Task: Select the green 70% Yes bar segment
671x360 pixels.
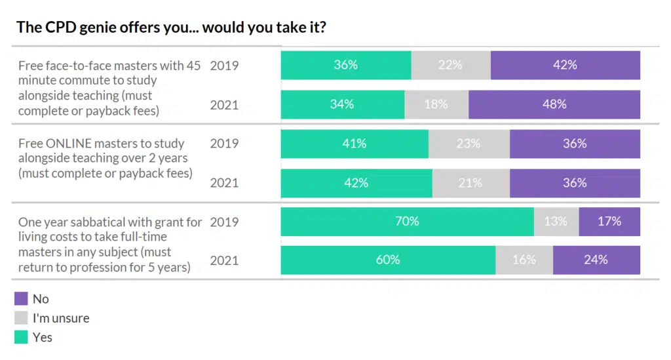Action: pos(407,222)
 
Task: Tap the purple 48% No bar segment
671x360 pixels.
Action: pos(554,104)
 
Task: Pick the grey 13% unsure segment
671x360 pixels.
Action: pos(556,222)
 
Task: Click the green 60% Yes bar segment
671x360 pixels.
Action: pos(388,260)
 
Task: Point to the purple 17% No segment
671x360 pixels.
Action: pos(609,222)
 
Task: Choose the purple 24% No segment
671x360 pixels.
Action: pos(596,260)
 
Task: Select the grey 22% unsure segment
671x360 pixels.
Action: pos(450,65)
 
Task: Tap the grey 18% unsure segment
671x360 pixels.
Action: pos(436,104)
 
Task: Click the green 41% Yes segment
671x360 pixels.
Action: pos(355,144)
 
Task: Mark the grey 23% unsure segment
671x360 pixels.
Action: pos(469,144)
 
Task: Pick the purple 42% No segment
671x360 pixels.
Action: pos(565,65)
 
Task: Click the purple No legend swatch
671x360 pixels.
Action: pos(21,299)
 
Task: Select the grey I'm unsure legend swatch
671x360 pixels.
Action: pos(21,319)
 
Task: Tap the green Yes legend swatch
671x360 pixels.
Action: pos(21,338)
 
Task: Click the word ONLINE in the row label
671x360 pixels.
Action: pos(69,143)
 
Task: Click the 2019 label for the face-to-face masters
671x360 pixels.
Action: pos(224,65)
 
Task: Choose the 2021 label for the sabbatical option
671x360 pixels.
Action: pos(224,261)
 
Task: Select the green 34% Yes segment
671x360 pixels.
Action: pos(342,104)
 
